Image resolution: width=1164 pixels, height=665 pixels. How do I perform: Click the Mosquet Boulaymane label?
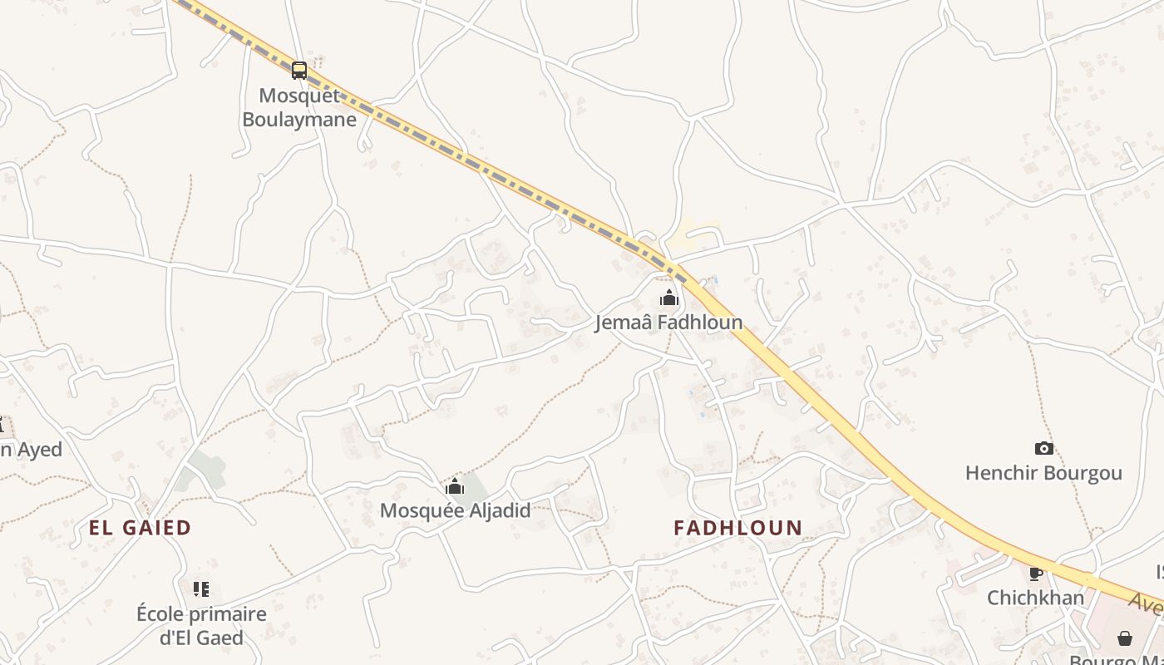click(299, 107)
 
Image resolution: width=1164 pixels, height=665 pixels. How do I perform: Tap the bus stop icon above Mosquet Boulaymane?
click(299, 71)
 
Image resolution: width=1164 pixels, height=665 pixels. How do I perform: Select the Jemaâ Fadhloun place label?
click(668, 323)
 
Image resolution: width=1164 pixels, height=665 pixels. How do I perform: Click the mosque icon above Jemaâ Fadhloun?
click(669, 298)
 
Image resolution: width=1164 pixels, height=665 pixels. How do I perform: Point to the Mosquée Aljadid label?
click(455, 510)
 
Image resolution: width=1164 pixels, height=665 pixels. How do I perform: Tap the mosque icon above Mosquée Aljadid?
click(455, 486)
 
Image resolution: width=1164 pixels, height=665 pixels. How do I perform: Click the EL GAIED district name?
click(140, 528)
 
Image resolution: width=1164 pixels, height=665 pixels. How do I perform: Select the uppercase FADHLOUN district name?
click(737, 528)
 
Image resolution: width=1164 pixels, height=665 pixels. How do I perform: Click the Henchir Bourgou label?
click(1043, 473)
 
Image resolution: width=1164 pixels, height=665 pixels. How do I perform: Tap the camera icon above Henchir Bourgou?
click(1044, 449)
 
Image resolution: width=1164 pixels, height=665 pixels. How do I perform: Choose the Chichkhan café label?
click(1035, 598)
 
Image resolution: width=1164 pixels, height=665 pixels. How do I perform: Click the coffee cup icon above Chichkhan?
click(1036, 574)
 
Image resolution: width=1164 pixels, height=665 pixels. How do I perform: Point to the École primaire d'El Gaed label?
click(201, 626)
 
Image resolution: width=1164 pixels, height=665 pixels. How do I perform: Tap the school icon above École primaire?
click(201, 589)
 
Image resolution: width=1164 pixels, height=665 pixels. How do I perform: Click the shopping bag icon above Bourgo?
click(1125, 638)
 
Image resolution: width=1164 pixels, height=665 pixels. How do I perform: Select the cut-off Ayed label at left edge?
click(32, 450)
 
